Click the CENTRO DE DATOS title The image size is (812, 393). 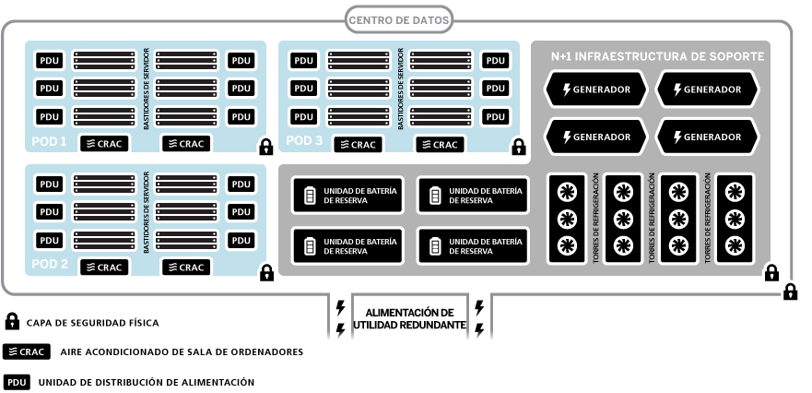tap(400, 18)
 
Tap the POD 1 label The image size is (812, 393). tap(50, 142)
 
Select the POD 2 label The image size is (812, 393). tap(50, 264)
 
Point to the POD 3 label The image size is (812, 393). tap(304, 142)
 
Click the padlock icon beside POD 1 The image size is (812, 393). tap(265, 148)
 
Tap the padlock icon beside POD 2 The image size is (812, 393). tap(265, 273)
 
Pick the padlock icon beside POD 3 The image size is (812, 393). tap(519, 148)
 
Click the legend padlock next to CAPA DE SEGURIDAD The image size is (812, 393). tap(13, 322)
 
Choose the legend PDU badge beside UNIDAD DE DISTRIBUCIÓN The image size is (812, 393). tap(18, 381)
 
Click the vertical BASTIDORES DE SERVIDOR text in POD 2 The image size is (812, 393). tap(146, 211)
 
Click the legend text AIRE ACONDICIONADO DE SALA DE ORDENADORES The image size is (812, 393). tap(181, 351)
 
